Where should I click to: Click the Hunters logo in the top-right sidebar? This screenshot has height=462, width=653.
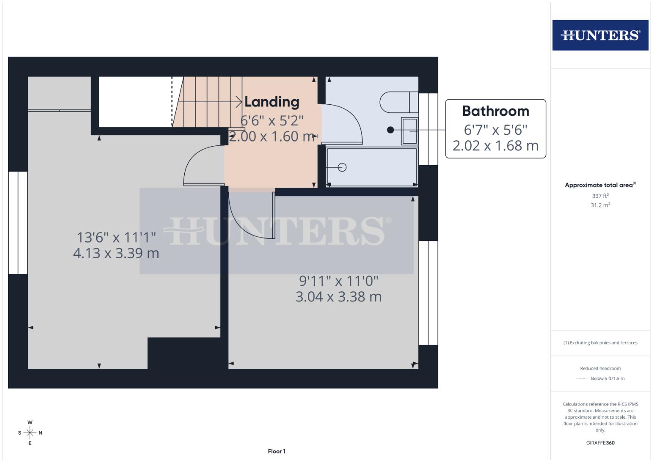pos(600,35)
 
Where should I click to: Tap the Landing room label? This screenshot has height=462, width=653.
pos(272,102)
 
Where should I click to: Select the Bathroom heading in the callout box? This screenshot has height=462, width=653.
pos(496,111)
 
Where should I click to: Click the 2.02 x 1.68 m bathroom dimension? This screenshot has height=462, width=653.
pos(496,146)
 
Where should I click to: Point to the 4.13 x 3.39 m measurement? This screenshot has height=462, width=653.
pos(116,253)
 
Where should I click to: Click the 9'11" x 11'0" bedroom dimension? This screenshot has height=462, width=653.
pos(338,281)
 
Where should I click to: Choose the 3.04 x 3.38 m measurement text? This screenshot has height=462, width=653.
pos(338,297)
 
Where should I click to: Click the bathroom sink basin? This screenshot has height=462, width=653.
pos(409,130)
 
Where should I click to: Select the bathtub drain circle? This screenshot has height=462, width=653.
pos(342,167)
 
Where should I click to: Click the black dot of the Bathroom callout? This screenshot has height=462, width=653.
pos(390,130)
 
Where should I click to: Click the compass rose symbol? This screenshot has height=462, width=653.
pos(30,433)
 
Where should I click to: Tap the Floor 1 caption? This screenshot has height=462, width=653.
pos(277,451)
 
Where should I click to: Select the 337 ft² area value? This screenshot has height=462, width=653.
pos(600,196)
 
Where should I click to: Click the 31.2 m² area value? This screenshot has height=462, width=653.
pos(600,205)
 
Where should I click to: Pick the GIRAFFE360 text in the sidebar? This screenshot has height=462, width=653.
pos(600,443)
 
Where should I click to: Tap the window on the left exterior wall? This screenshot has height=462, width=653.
pos(18,223)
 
